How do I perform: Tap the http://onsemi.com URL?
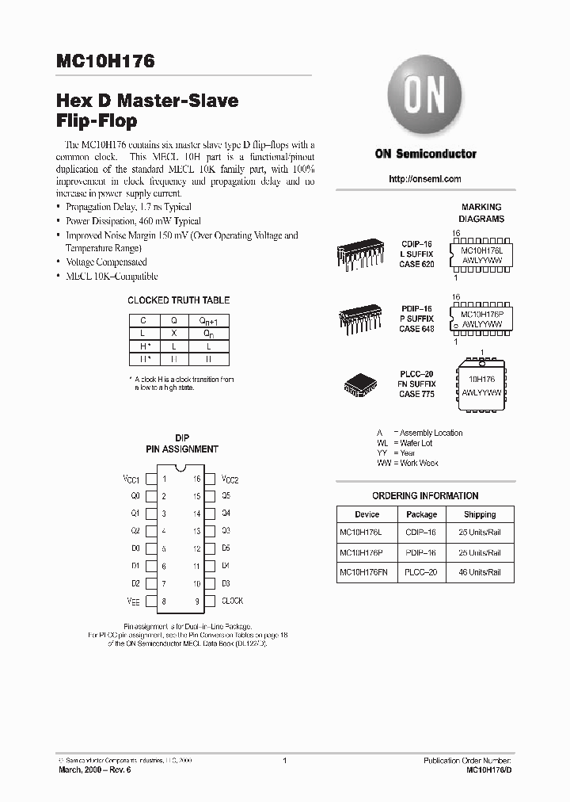pyautogui.click(x=425, y=179)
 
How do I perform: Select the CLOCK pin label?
pyautogui.click(x=232, y=601)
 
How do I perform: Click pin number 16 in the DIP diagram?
pyautogui.click(x=196, y=479)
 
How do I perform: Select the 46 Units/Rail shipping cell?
pyautogui.click(x=480, y=571)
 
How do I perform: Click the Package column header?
pyautogui.click(x=421, y=514)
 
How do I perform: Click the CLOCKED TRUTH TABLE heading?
pyautogui.click(x=179, y=300)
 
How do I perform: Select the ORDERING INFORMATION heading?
pyautogui.click(x=425, y=496)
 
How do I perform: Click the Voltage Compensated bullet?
pyautogui.click(x=106, y=262)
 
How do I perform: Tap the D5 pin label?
pyautogui.click(x=226, y=548)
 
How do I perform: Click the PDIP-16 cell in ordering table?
pyautogui.click(x=421, y=552)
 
